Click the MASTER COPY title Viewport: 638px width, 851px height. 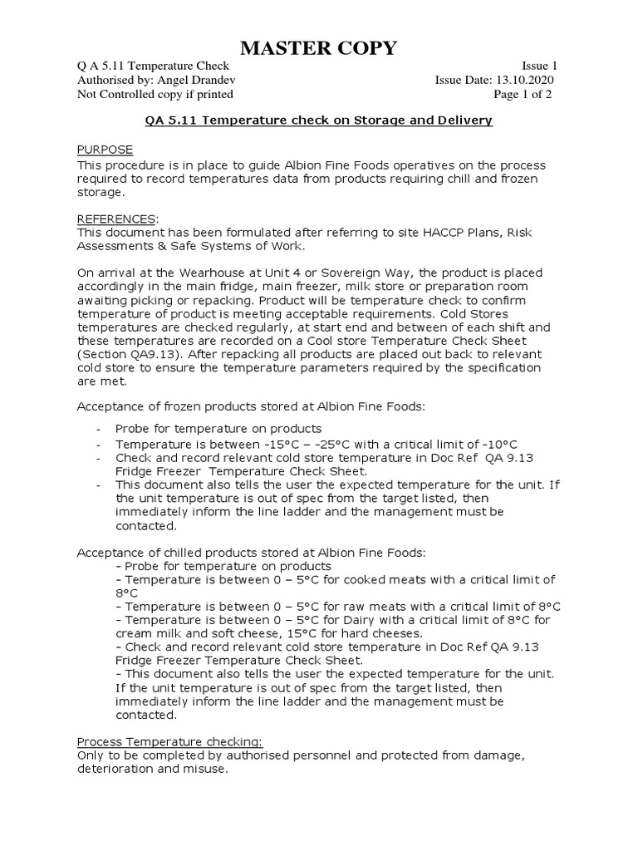click(x=319, y=49)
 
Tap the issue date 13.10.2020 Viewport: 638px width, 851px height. click(x=524, y=80)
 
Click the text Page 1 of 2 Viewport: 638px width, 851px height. click(x=523, y=95)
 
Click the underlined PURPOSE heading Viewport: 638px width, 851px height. click(x=105, y=150)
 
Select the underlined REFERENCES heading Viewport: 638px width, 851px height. click(x=115, y=219)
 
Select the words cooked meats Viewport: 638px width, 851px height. click(x=378, y=579)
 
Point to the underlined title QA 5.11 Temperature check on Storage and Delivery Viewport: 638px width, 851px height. click(x=319, y=121)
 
